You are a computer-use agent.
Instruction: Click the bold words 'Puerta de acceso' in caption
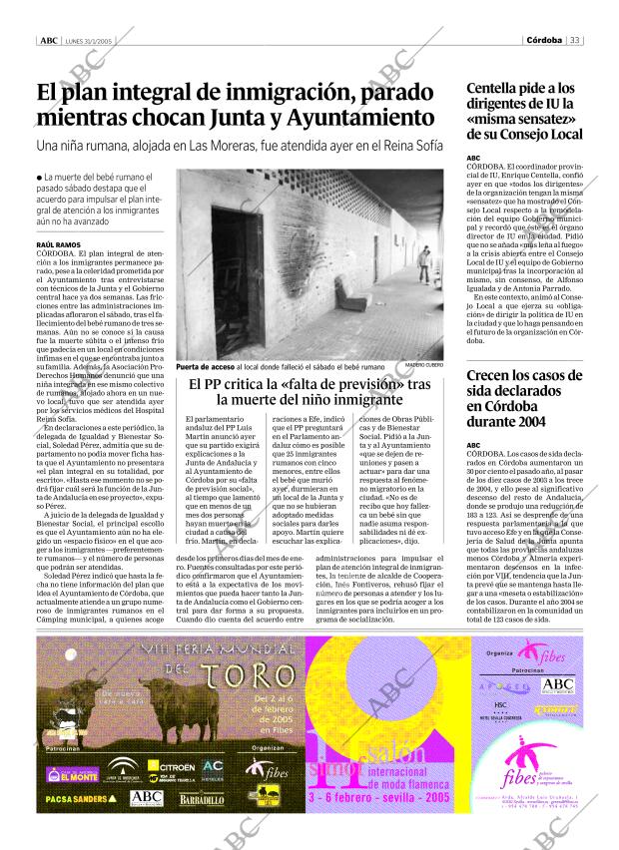pos(204,366)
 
